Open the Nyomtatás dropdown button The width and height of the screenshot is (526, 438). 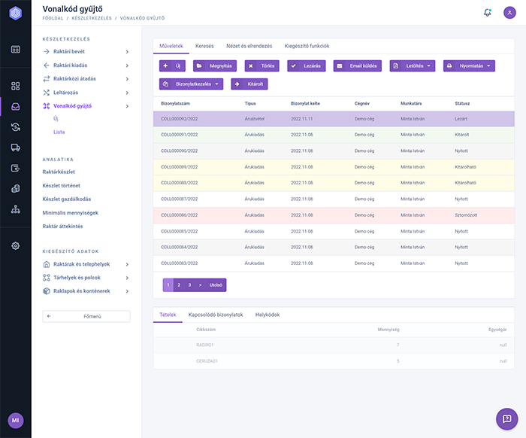tap(469, 66)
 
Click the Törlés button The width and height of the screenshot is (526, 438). tap(262, 66)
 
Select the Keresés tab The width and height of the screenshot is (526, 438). tap(204, 46)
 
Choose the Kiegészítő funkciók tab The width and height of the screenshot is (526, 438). tap(307, 46)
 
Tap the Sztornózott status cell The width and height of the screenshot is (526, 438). tap(467, 214)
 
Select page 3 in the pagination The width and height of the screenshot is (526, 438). tap(189, 285)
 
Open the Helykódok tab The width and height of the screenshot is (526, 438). tap(268, 315)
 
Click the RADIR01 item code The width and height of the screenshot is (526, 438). tap(205, 345)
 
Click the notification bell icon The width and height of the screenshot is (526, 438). tap(488, 12)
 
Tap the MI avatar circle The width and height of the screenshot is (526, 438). tap(16, 419)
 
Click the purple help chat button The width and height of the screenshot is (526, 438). tap(506, 418)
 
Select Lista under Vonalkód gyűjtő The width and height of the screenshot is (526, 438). tap(59, 132)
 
